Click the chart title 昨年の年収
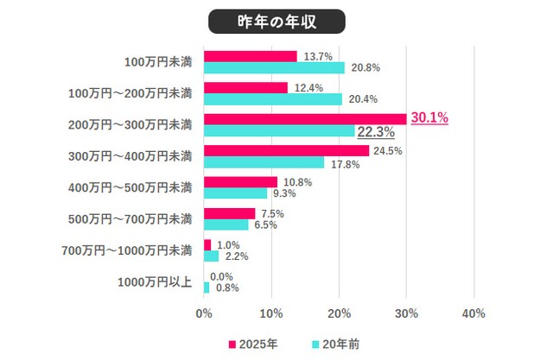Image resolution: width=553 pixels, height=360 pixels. pyautogui.click(x=276, y=21)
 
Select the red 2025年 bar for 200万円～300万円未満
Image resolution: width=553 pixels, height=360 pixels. pyautogui.click(x=305, y=119)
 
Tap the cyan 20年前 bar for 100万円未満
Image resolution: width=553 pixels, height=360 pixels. pyautogui.click(x=274, y=67)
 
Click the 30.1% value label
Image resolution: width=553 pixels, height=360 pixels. pyautogui.click(x=429, y=118)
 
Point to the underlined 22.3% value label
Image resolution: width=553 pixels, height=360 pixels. pyautogui.click(x=376, y=132)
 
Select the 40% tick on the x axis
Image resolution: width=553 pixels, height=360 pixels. pyautogui.click(x=474, y=313)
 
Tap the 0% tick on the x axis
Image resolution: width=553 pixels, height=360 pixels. pyautogui.click(x=204, y=313)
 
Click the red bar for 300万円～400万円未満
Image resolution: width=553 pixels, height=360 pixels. pyautogui.click(x=286, y=150)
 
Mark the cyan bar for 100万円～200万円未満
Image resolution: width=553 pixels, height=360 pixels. pyautogui.click(x=272, y=99)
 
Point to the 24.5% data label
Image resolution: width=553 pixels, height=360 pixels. pyautogui.click(x=387, y=150)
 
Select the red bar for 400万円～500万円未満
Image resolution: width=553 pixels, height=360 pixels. pyautogui.click(x=240, y=182)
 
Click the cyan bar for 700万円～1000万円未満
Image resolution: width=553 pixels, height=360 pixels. pyautogui.click(x=211, y=256)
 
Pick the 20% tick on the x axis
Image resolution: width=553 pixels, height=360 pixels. pyautogui.click(x=339, y=313)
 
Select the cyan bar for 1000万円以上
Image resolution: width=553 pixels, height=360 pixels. pyautogui.click(x=207, y=287)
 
